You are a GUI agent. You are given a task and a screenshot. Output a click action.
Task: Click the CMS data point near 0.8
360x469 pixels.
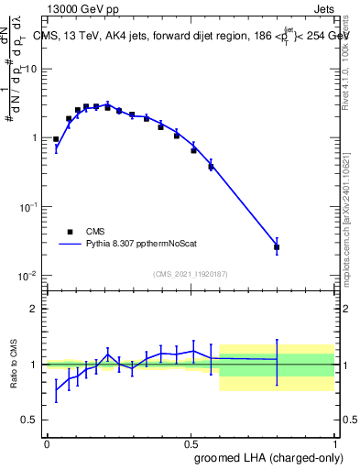[x=277, y=247]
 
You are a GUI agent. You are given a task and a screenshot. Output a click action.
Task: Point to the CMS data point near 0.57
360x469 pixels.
[x=211, y=167]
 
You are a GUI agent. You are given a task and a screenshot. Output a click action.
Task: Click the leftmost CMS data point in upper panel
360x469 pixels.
[x=56, y=139]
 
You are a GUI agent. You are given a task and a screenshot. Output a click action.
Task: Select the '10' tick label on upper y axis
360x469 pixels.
[x=31, y=70]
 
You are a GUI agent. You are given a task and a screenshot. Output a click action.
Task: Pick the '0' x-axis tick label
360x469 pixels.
[x=47, y=442]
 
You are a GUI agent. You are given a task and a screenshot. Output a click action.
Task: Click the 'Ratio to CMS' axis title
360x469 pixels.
[x=11, y=364]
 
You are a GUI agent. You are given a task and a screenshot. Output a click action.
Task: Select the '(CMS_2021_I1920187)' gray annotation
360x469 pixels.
[x=191, y=274]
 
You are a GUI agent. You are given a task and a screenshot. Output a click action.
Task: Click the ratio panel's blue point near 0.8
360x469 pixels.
[x=277, y=359]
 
